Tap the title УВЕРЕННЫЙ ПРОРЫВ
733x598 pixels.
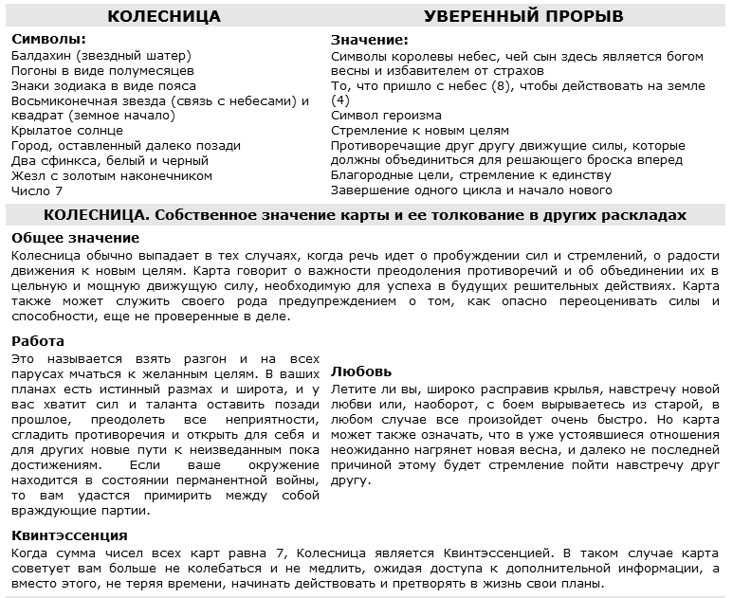click(x=523, y=17)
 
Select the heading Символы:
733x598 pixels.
click(x=48, y=40)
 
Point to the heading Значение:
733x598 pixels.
click(x=370, y=40)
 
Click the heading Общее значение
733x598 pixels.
click(x=75, y=238)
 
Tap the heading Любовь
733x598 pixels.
click(x=361, y=371)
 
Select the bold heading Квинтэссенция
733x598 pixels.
click(x=69, y=535)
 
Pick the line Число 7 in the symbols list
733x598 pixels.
click(x=36, y=191)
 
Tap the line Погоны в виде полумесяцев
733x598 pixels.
click(x=102, y=70)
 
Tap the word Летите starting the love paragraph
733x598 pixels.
click(x=353, y=390)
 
